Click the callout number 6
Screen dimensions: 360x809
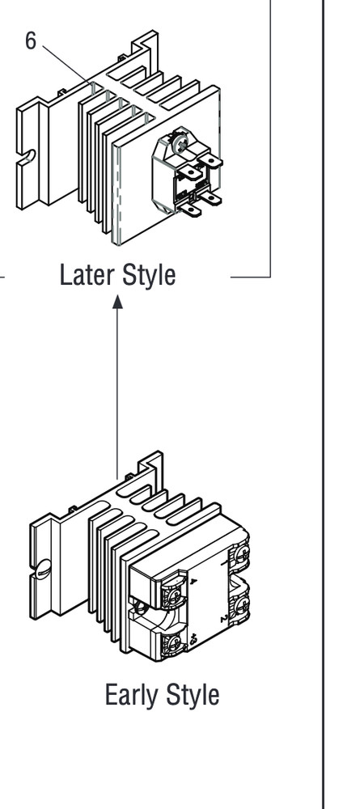31,40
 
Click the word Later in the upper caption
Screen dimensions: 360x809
85,274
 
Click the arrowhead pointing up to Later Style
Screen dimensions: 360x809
117,302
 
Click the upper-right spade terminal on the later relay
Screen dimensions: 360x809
210,162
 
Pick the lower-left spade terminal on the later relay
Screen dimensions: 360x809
190,210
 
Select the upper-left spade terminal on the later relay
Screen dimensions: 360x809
191,172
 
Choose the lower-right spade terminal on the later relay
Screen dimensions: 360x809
210,197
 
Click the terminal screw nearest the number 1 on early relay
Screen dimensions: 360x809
241,555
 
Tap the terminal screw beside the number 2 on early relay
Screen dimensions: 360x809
241,605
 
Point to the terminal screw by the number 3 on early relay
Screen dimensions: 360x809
173,644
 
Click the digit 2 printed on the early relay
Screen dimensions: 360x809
224,618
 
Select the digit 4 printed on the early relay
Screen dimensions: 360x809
194,582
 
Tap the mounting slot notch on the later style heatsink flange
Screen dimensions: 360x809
27,157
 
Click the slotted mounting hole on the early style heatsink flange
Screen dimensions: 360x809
41,569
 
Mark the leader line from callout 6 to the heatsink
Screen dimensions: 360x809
66,63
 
